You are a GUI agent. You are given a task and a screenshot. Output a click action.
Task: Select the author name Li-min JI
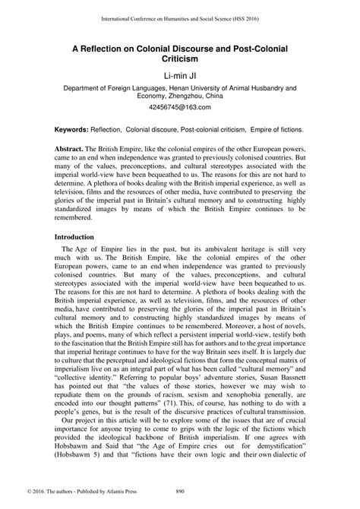[180, 74]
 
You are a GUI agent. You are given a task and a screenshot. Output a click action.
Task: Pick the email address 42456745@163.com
[180, 109]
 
